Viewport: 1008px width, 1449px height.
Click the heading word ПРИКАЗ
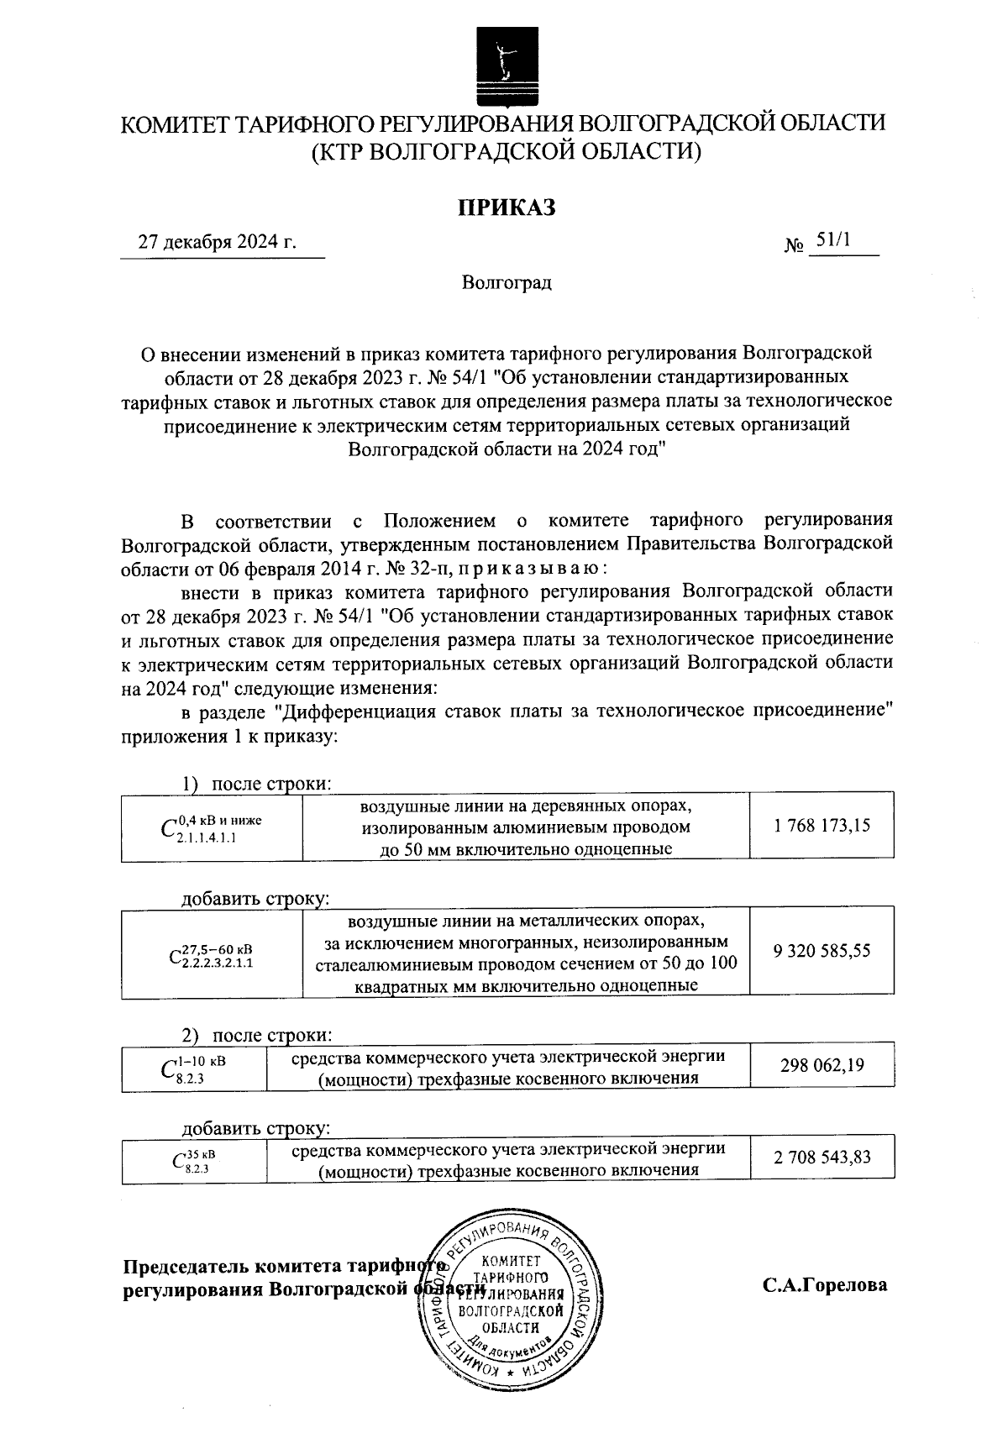coord(507,207)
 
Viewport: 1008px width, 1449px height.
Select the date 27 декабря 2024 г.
coord(218,243)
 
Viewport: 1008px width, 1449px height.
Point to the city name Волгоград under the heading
coord(507,282)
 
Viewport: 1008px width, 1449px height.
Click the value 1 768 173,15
coord(822,826)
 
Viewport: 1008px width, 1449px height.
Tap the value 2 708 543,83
coord(822,1158)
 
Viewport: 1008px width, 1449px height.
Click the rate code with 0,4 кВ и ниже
coord(211,827)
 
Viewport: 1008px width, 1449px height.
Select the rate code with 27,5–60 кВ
coord(211,955)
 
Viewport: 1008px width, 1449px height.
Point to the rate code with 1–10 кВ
coord(192,1068)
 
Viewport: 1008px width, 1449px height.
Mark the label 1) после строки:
coord(257,784)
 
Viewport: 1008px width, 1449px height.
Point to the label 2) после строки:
coord(257,1034)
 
